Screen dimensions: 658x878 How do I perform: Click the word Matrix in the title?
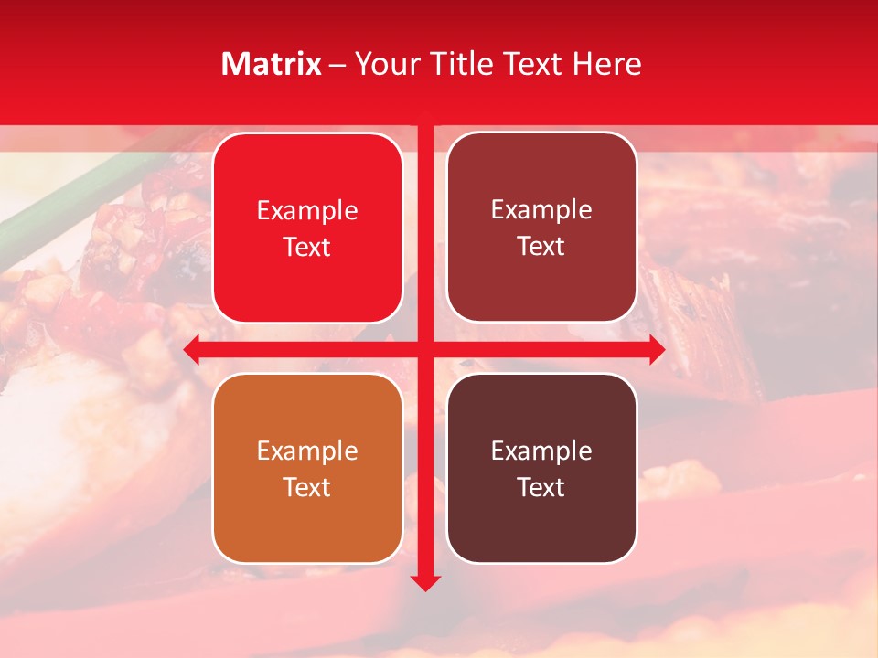[272, 64]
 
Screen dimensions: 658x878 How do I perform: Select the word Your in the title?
[382, 64]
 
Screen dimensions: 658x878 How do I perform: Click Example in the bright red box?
[307, 211]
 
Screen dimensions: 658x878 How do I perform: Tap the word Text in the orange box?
[307, 487]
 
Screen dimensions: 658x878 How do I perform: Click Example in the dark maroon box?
[541, 451]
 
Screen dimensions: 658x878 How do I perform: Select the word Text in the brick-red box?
[541, 247]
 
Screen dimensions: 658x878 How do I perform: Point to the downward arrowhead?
[425, 582]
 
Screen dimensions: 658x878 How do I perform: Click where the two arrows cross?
[425, 349]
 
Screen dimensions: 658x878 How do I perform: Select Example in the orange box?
[307, 451]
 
